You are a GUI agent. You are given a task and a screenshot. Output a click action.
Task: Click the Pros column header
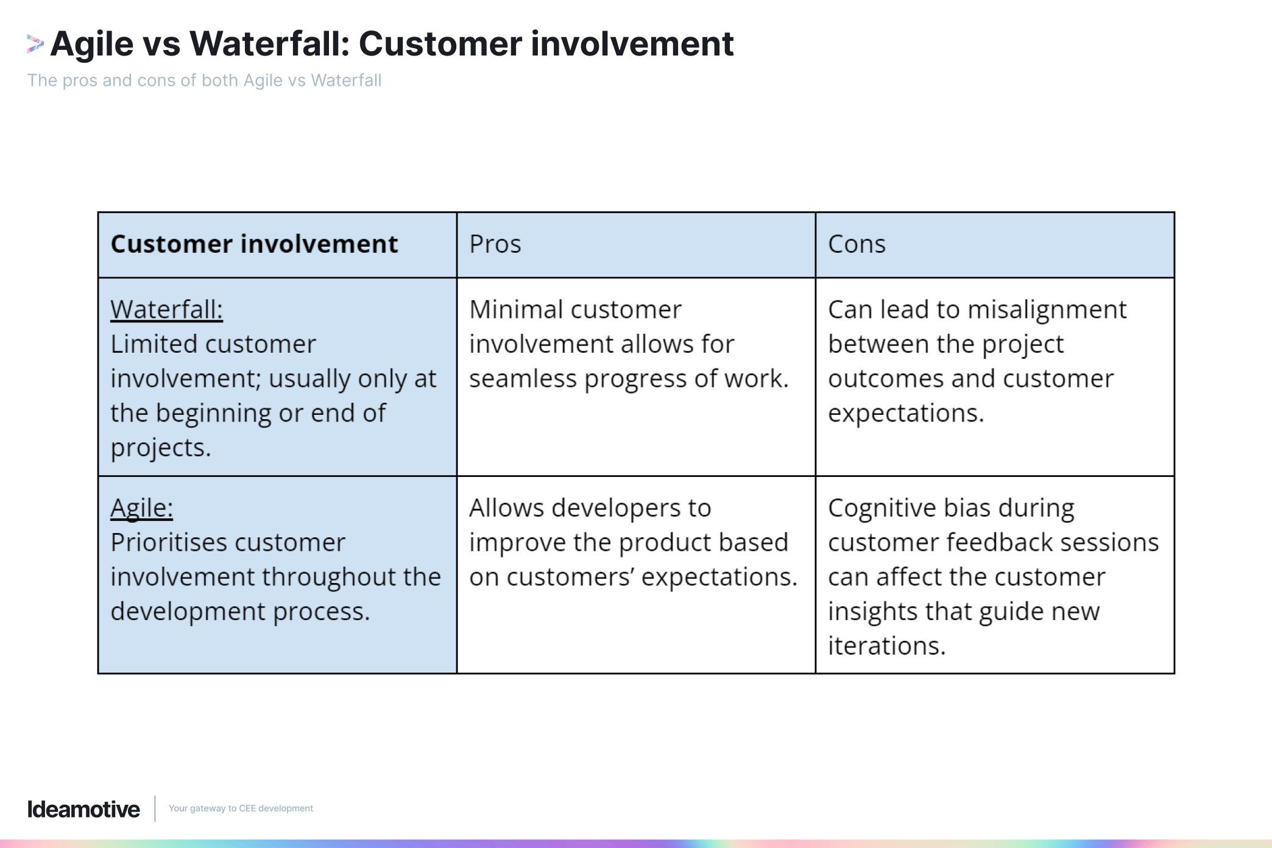pos(495,244)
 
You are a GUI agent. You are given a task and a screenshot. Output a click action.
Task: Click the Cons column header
pos(857,244)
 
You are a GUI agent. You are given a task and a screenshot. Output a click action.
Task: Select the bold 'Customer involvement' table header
pos(254,244)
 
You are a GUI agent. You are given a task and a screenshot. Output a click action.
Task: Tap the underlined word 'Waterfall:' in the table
pos(166,309)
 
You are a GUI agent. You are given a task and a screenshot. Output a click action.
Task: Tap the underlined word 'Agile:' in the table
pos(141,507)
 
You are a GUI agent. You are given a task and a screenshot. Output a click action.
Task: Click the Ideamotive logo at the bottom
pos(83,809)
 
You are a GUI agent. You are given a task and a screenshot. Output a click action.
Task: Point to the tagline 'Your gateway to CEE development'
pos(241,808)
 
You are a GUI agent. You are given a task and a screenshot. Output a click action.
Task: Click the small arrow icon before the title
pos(35,44)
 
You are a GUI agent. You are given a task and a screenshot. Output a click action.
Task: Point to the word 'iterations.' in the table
pos(886,646)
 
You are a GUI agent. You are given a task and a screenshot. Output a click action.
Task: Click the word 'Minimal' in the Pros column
pos(515,309)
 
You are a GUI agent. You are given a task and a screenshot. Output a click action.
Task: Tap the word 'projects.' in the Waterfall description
pos(161,448)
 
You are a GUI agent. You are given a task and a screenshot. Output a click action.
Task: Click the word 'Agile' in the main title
pos(92,44)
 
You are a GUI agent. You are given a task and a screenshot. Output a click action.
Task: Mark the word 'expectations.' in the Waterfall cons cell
pos(905,413)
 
